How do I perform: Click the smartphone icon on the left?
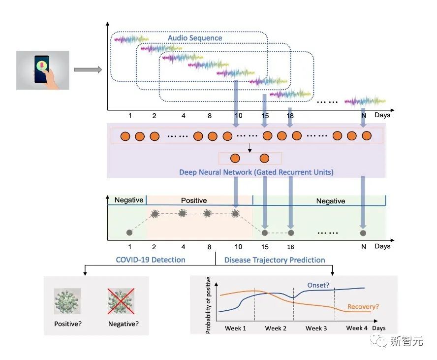coord(43,69)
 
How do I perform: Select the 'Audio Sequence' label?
coord(195,38)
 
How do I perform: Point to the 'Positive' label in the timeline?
coord(194,200)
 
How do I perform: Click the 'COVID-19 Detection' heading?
coord(151,260)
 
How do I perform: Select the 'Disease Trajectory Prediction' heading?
coord(275,260)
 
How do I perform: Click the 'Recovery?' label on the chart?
coord(363,307)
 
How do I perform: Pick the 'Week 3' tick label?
coord(316,328)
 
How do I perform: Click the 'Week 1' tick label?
coord(236,328)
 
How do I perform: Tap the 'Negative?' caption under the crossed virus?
coord(122,324)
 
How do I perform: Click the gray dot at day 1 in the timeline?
coord(129,232)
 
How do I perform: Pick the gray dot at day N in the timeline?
coord(363,232)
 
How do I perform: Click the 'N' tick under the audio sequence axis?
coord(364,115)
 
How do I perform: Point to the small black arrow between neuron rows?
coord(250,147)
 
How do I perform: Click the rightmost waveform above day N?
coord(364,101)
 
